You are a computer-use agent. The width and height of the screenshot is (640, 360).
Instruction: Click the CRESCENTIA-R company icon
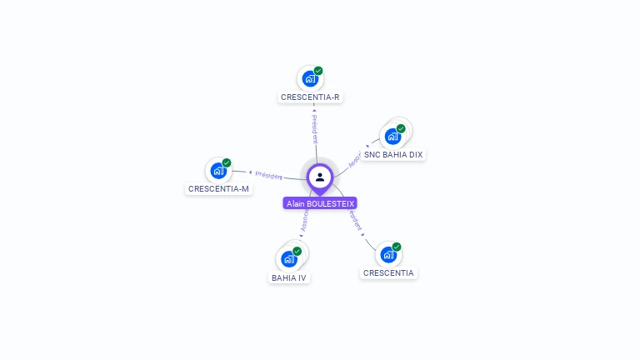tap(310, 79)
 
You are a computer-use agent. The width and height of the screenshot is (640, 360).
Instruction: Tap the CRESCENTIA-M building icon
tap(218, 171)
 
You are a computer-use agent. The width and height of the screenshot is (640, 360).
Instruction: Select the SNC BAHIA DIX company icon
tap(392, 137)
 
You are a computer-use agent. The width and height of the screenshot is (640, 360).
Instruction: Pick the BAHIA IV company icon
tap(289, 259)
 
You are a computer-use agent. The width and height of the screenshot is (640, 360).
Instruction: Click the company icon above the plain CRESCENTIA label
tap(388, 255)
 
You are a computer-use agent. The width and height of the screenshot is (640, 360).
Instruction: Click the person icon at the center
tap(320, 177)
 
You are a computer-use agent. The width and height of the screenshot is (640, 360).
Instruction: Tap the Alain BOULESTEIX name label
tap(320, 203)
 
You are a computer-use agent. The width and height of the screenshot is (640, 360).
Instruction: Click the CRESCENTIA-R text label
tap(310, 97)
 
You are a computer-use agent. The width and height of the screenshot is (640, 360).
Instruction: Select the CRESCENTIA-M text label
tap(218, 189)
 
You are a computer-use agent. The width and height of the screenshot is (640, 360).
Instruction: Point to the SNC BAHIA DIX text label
tap(393, 155)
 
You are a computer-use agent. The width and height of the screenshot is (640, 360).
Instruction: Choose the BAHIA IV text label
tap(289, 277)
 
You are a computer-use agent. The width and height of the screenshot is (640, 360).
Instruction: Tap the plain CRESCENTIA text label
tap(388, 273)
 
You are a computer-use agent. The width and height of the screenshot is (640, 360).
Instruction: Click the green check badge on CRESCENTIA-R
tap(318, 71)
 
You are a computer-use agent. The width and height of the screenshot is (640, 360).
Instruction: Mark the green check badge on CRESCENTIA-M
tap(227, 162)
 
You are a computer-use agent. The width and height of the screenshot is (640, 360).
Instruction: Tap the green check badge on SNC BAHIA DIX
tap(401, 128)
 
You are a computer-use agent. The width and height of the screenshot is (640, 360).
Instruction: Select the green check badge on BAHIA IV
tap(297, 251)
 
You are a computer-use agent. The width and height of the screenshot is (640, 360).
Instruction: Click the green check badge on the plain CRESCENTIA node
tap(397, 247)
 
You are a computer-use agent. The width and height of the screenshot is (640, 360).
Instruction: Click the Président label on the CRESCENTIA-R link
tap(314, 130)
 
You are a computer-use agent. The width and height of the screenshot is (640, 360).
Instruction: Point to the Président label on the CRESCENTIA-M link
tap(268, 175)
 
